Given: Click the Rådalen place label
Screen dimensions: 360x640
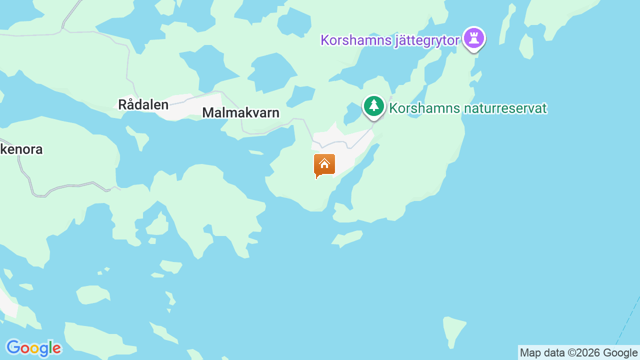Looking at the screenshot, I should point(143,104).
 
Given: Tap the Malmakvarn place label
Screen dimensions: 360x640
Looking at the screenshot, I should point(240,112).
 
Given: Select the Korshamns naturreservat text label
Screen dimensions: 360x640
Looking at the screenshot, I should point(468,108).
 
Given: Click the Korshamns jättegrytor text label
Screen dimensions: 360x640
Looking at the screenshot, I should point(390,40).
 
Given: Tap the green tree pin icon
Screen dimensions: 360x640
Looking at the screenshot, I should point(373,106).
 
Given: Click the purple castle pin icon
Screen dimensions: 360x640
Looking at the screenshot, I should point(474,38).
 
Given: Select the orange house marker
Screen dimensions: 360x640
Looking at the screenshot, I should point(324,165).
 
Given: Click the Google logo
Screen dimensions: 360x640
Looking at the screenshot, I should point(33,348).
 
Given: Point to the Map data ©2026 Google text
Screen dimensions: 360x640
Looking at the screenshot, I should point(578,353).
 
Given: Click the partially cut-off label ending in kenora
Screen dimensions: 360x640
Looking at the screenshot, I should point(21,149).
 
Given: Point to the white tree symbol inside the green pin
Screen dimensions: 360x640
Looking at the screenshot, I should point(373,105).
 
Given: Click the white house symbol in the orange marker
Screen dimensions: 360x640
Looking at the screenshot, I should point(324,163).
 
